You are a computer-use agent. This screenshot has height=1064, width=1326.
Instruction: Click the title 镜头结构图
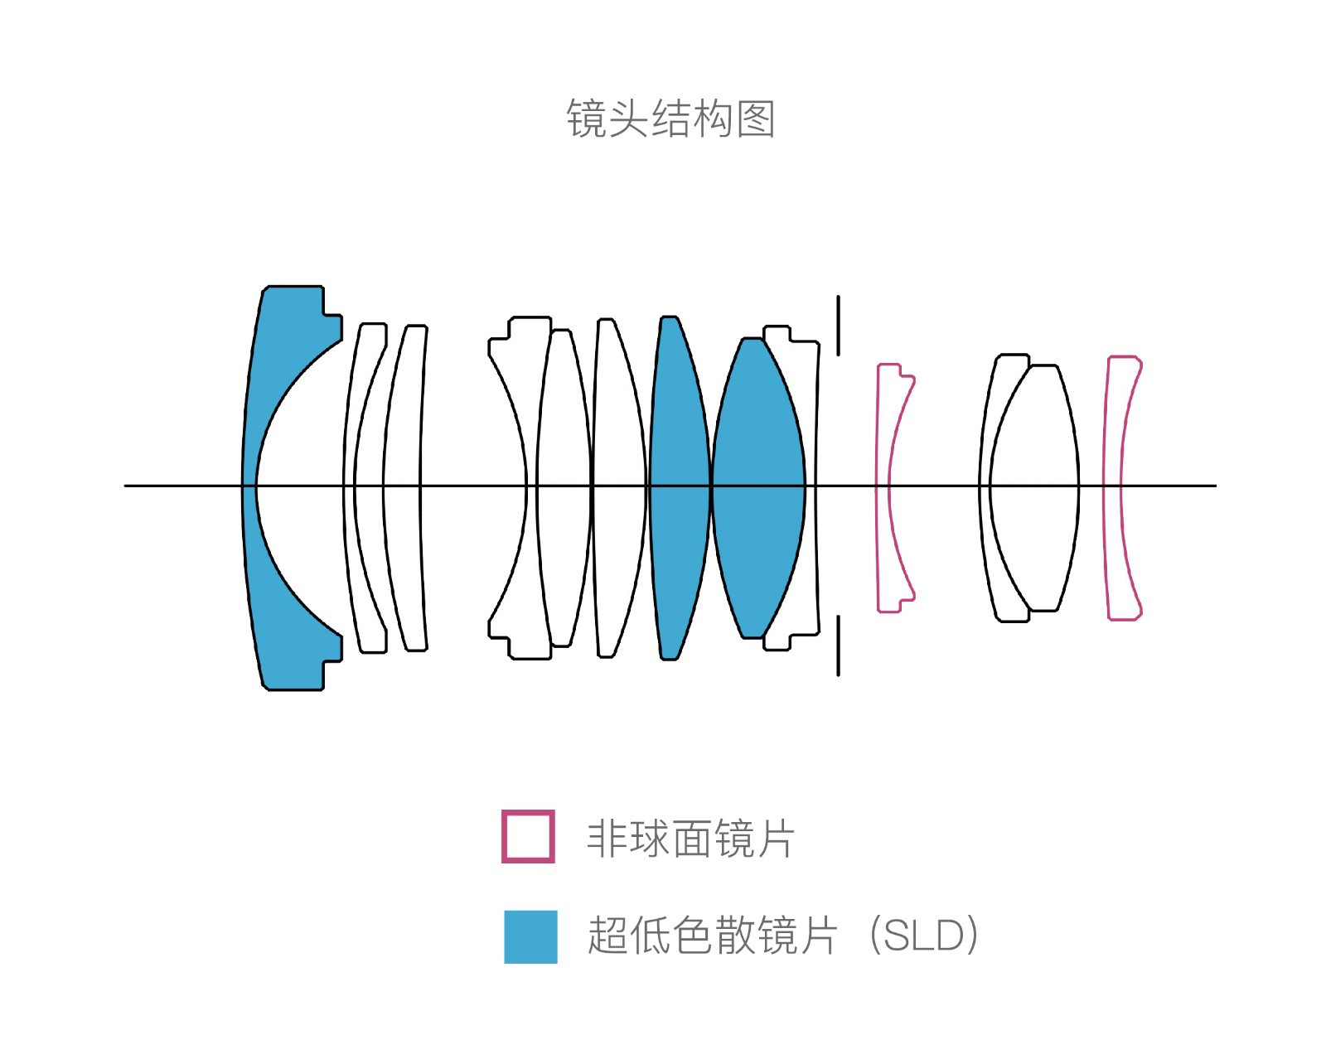(x=670, y=118)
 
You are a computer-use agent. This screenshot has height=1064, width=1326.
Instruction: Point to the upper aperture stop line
(x=838, y=326)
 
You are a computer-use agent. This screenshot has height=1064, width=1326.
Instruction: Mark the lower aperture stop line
(x=838, y=645)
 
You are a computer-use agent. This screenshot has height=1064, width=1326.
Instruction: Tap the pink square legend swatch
(x=528, y=836)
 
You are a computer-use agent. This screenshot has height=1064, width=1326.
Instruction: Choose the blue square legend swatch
(x=530, y=936)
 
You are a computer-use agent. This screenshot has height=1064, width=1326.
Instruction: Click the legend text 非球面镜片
(x=690, y=838)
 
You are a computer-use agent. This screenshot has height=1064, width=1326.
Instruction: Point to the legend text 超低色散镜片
(x=712, y=936)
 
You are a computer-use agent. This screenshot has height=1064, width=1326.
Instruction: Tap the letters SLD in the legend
(x=923, y=936)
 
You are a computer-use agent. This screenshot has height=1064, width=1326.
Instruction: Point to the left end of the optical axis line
(x=125, y=486)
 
